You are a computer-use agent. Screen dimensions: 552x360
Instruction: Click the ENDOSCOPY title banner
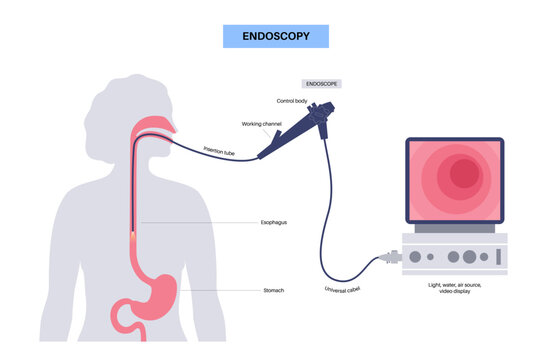pos(276,36)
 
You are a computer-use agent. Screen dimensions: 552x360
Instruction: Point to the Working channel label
pos(263,124)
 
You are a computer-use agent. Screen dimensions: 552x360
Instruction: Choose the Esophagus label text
pos(272,222)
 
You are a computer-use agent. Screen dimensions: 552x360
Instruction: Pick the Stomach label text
pos(273,290)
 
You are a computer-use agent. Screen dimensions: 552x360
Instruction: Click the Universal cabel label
pos(344,290)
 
